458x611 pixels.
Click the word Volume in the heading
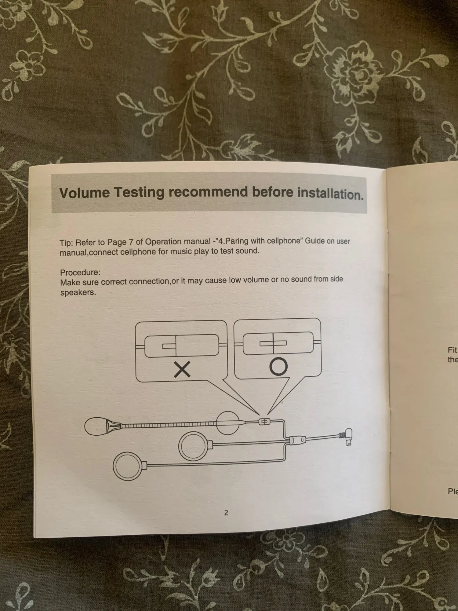[x=84, y=193]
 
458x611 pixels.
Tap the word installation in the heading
[x=330, y=194]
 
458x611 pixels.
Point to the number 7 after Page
[x=131, y=242]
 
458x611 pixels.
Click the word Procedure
[x=80, y=272]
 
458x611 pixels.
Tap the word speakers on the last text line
[x=78, y=292]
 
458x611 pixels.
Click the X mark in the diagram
[x=182, y=369]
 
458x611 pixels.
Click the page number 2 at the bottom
[x=226, y=513]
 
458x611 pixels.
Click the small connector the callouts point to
[x=264, y=422]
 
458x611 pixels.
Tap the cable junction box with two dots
[x=297, y=440]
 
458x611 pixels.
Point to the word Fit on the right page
[x=452, y=350]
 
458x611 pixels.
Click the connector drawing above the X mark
[x=181, y=346]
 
